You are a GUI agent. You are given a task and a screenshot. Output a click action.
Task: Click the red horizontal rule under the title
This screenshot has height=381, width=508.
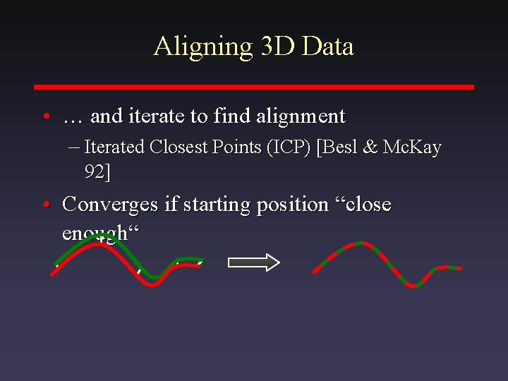pyautogui.click(x=254, y=87)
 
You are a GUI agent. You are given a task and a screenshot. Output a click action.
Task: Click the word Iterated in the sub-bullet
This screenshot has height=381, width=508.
pyautogui.click(x=114, y=147)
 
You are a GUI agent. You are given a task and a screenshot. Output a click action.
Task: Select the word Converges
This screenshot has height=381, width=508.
pyautogui.click(x=110, y=205)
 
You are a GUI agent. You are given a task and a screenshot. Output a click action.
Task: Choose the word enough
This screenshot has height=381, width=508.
pyautogui.click(x=95, y=233)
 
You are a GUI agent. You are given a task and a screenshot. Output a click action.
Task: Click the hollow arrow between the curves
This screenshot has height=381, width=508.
pyautogui.click(x=253, y=263)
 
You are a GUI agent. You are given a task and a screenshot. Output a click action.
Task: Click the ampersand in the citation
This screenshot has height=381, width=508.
pyautogui.click(x=371, y=147)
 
